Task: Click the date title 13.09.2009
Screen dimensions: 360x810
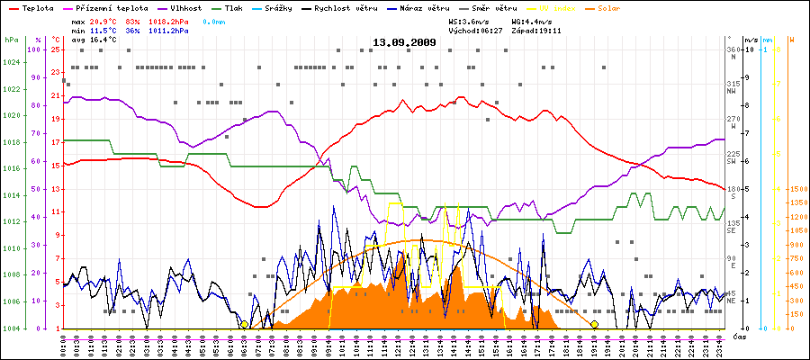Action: click(404, 42)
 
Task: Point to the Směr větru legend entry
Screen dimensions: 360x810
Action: click(493, 7)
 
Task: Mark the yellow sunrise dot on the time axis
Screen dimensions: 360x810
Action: click(244, 325)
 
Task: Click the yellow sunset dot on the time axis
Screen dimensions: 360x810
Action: click(594, 325)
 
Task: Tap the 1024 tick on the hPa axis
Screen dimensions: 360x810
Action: click(11, 62)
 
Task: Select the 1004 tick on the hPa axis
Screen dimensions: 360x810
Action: click(11, 328)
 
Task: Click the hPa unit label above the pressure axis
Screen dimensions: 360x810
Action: click(11, 40)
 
